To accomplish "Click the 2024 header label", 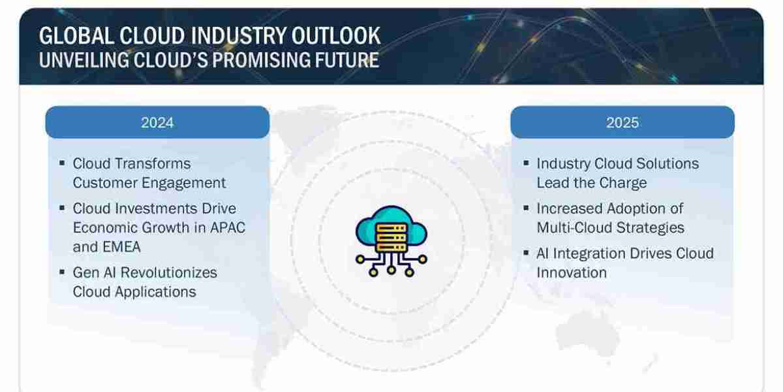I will point(157,122).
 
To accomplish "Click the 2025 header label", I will point(622,122).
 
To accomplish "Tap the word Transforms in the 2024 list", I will point(151,163).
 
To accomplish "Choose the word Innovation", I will point(572,272).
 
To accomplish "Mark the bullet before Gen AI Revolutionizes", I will point(62,271).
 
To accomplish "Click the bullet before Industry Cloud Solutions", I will point(527,163).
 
